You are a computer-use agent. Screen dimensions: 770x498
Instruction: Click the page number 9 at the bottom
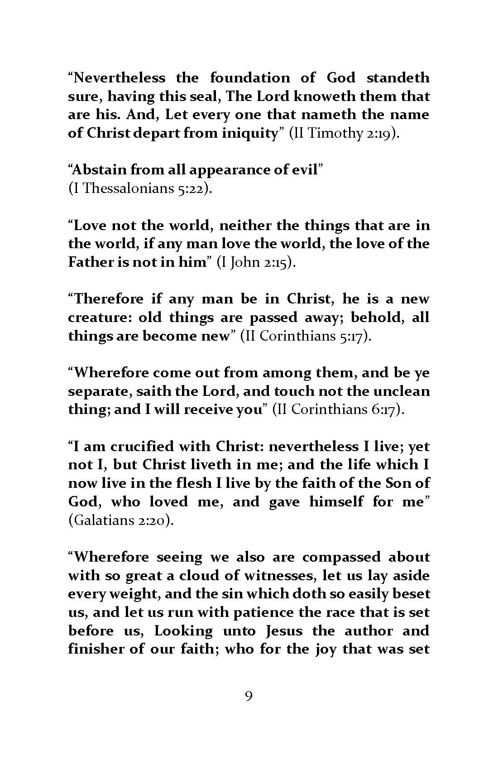(248, 709)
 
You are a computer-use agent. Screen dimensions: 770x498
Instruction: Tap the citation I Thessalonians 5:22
(140, 188)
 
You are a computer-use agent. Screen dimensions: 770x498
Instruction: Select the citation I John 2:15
(256, 263)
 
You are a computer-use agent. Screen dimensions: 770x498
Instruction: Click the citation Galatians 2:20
(121, 520)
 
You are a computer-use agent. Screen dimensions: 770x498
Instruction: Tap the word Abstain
(99, 170)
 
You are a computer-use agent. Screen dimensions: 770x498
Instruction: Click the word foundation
(250, 78)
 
